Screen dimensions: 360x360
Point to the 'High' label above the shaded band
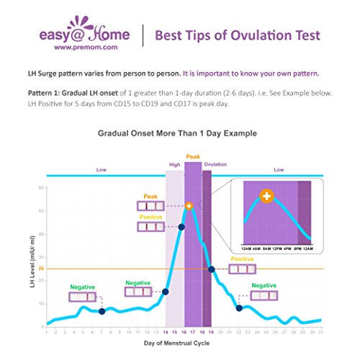[x=174, y=165]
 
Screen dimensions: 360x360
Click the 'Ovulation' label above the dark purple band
[x=215, y=165]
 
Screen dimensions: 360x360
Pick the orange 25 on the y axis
[x=41, y=269]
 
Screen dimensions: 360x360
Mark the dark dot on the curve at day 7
[x=102, y=312]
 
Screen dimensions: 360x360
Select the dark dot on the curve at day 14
[x=166, y=292]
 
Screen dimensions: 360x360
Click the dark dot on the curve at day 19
[x=212, y=269]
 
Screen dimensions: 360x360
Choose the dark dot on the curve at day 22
[x=239, y=308]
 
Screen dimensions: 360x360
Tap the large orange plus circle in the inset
[x=266, y=196]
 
